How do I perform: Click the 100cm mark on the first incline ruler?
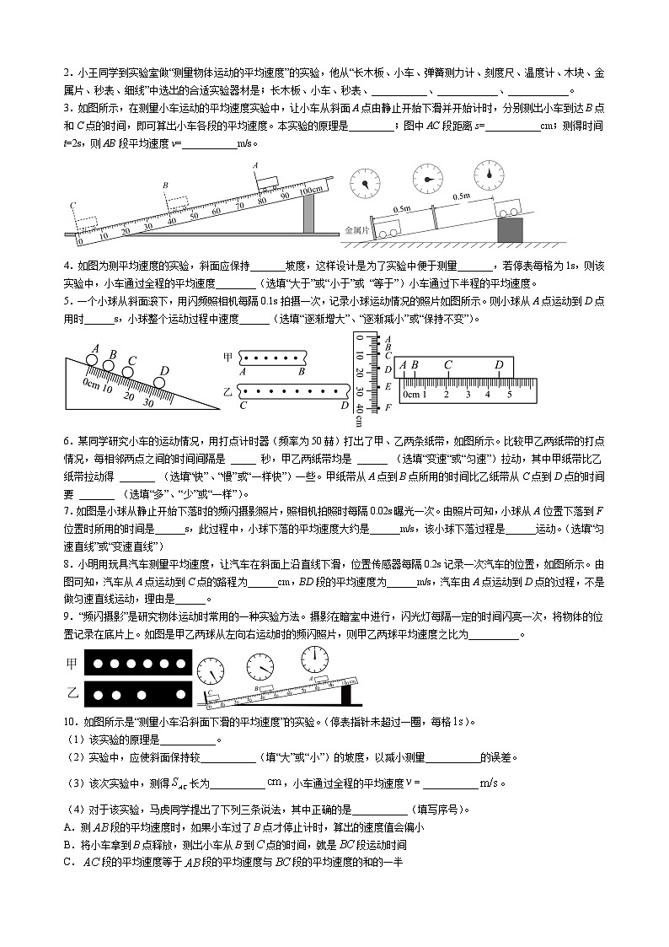(305, 190)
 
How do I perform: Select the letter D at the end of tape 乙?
(344, 405)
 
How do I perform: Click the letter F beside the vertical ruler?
(388, 408)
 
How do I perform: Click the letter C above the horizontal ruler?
(447, 365)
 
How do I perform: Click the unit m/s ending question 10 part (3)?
(490, 783)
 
